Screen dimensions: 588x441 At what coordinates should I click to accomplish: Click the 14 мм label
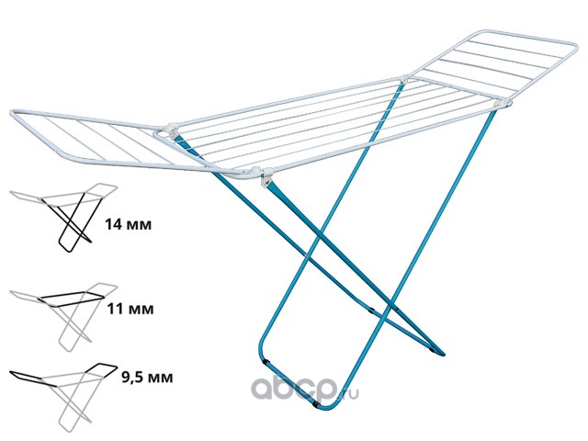coord(129,224)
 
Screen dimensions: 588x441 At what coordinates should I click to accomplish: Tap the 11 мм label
coord(130,309)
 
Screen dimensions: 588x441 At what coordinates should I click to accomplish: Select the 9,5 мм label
coord(147,378)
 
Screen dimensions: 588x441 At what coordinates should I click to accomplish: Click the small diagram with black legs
coord(63,218)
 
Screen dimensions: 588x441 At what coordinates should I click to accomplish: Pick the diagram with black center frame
coord(63,317)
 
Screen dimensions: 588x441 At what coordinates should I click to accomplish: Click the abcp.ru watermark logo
coord(304,388)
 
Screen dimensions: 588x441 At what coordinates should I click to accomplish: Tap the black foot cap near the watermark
coord(316,404)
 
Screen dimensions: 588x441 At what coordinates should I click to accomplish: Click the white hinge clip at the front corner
coord(266,176)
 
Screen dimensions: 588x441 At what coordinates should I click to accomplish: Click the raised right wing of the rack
coord(492,67)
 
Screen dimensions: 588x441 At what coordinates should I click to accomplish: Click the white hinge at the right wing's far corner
coord(404,80)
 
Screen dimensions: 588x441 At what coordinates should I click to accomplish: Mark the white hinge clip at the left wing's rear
coord(172,130)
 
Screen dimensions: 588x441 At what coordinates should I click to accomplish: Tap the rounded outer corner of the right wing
coord(573,46)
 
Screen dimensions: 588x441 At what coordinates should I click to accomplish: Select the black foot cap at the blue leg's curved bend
coord(266,363)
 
